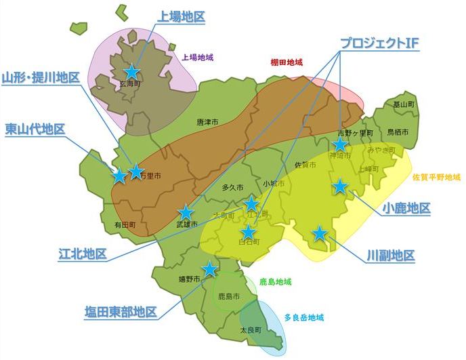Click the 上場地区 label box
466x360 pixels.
pyautogui.click(x=181, y=16)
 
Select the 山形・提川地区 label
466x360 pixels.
pyautogui.click(x=41, y=77)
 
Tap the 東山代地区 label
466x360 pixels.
pyautogui.click(x=35, y=128)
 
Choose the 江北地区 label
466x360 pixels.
pyautogui.click(x=83, y=254)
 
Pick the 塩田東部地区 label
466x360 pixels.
pyautogui.click(x=121, y=312)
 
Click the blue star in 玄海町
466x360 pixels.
pyautogui.click(x=132, y=72)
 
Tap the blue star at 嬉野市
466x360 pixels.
pyautogui.click(x=210, y=269)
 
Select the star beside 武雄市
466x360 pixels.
pyautogui.click(x=186, y=213)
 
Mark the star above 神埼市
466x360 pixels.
pyautogui.click(x=340, y=144)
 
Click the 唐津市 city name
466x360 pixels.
pyautogui.click(x=207, y=123)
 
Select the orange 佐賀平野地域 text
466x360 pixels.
pyautogui.click(x=437, y=177)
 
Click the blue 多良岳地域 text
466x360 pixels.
pyautogui.click(x=303, y=317)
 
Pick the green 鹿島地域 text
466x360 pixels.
pyautogui.click(x=275, y=281)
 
